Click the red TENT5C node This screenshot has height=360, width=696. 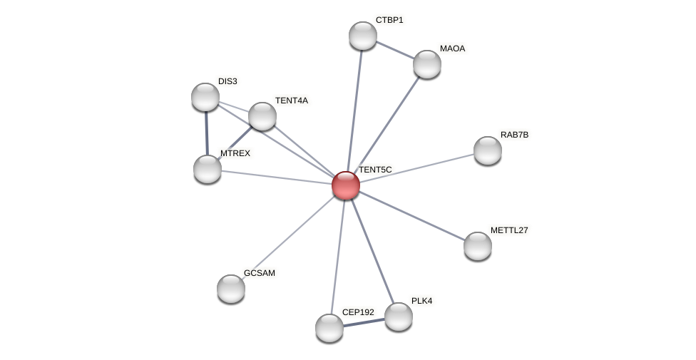pos(346,185)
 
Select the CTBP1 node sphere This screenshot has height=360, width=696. pos(363,36)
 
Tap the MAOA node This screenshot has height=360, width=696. pos(427,64)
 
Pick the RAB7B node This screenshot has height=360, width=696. pos(488,150)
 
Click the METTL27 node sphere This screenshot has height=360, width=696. pos(478,246)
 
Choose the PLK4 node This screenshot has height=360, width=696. pos(399,317)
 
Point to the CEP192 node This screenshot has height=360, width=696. pos(329,328)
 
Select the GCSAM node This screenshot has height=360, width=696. pos(231,289)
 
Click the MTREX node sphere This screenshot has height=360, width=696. pos(208,169)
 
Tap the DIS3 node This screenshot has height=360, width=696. pos(205,97)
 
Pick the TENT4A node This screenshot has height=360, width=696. pos(262,116)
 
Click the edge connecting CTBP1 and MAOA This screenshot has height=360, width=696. pos(395,50)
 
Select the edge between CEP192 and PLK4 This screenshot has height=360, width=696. pos(364,322)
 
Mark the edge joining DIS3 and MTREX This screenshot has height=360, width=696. pos(206,133)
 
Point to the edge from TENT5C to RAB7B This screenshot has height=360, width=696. pos(416,168)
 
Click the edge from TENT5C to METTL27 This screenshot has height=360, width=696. pos(411,216)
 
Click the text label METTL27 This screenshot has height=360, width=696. pos(509,230)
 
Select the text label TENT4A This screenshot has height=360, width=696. pos(292,101)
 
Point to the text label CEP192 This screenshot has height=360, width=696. pos(358,312)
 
